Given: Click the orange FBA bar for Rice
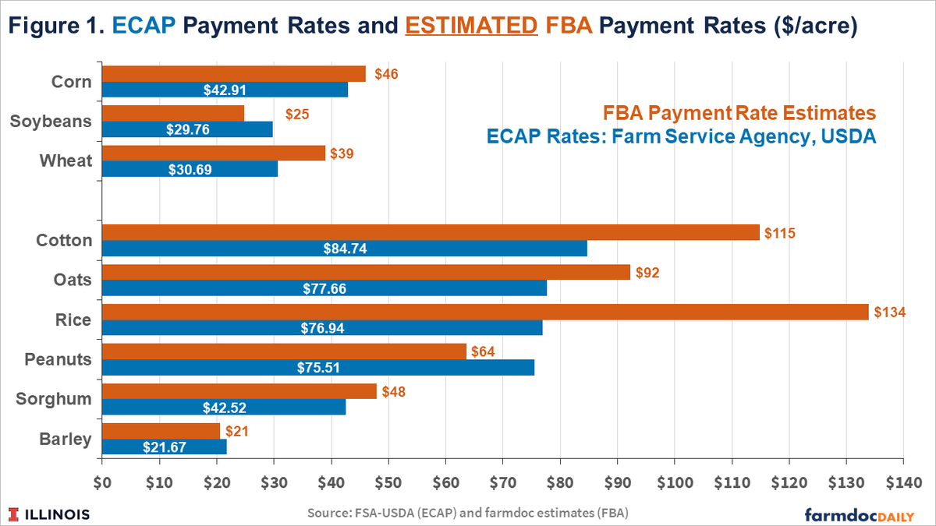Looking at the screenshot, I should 484,312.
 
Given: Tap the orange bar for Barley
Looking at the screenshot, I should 161,431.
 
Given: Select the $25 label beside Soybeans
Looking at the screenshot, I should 297,115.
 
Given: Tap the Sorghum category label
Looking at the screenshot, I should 54,399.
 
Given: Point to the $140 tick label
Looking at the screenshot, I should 903,482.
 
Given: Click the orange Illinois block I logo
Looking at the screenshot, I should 14,514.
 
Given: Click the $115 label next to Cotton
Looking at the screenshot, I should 779,232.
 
